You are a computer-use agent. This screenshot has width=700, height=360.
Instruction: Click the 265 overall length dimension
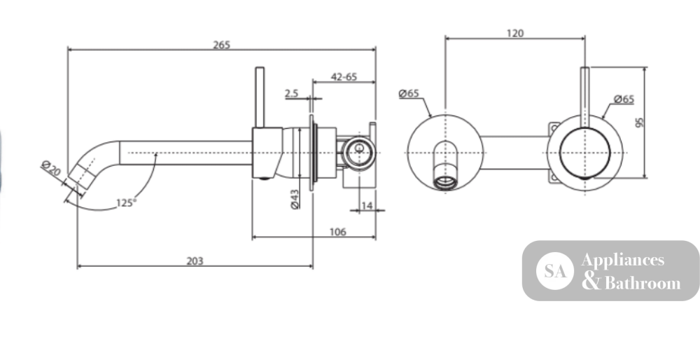221,45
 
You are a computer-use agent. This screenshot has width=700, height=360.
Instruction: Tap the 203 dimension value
195,261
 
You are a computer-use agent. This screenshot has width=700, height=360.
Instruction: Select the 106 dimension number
337,232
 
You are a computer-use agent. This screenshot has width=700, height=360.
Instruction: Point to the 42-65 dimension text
344,77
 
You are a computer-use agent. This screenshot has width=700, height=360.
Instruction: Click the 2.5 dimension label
291,93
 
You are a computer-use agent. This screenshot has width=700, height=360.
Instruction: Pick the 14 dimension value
367,205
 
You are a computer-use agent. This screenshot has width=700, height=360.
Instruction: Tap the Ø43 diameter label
295,199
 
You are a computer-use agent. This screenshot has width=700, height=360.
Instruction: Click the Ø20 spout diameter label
51,168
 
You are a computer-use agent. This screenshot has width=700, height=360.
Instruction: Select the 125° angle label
126,203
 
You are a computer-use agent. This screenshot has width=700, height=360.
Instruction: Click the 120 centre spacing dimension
514,33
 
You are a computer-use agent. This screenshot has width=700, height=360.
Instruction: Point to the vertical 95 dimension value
639,123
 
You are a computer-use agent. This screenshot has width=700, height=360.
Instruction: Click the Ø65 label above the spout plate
409,93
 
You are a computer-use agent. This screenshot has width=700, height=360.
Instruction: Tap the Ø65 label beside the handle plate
624,99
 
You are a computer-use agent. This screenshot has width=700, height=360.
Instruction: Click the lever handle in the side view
260,97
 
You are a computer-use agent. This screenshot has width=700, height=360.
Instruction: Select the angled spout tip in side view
80,176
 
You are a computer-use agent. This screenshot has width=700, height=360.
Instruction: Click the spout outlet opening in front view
445,182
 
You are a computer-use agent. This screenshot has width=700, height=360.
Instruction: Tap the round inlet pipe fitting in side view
358,153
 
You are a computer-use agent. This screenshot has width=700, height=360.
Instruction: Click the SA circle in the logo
555,271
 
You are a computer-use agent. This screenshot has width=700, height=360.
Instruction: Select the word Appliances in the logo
623,261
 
